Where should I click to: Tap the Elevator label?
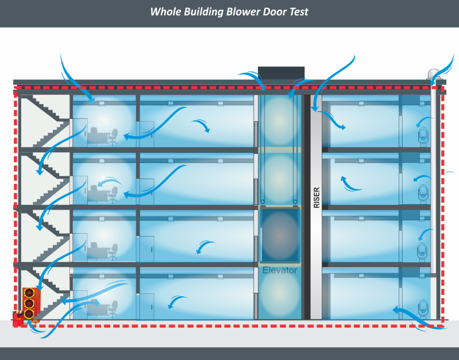coord(280,270)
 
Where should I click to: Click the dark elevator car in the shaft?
coord(280,235)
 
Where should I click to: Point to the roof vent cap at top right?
coord(434,73)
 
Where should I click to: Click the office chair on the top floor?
coord(114,136)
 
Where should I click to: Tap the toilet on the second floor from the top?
coord(424,192)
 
